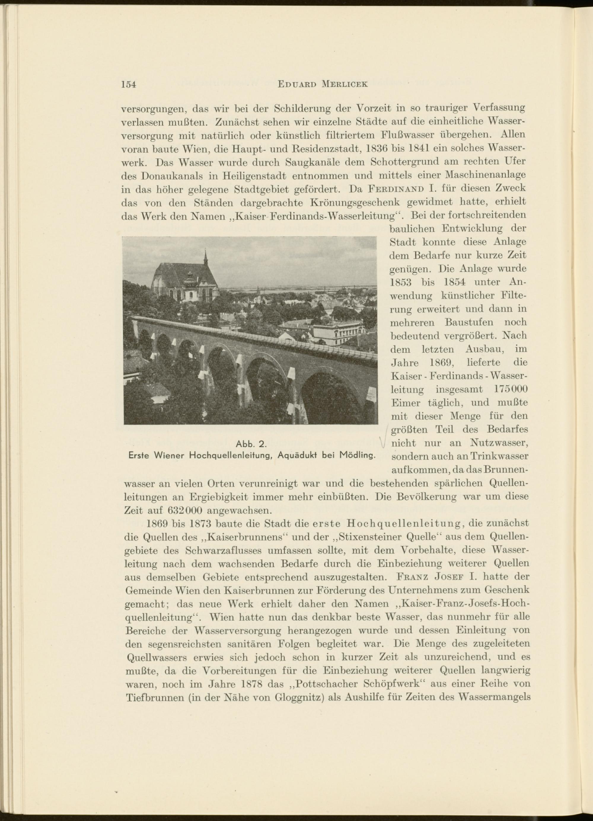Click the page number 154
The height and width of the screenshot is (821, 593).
(x=128, y=84)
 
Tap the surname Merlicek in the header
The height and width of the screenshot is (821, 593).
(x=345, y=84)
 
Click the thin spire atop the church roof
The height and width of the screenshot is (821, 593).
(x=205, y=256)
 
